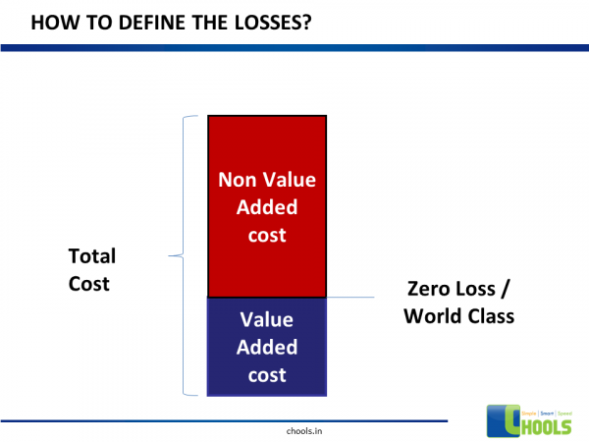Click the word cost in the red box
[x=266, y=235]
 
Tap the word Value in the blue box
[x=266, y=319]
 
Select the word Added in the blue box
[x=266, y=347]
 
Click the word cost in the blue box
[x=266, y=374]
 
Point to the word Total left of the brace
[x=91, y=256]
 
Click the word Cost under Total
[x=88, y=284]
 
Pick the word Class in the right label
[x=490, y=317]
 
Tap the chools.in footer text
[x=294, y=429]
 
